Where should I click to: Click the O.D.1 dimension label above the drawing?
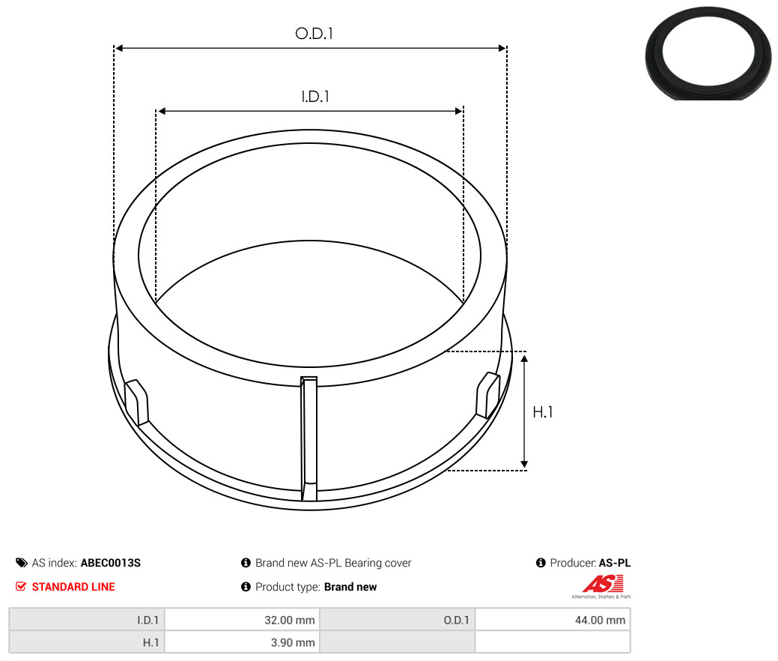[314, 34]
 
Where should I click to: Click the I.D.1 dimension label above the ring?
[315, 97]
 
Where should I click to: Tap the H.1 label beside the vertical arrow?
[542, 412]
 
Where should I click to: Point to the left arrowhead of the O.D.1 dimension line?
[118, 48]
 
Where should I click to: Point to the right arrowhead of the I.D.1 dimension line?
[459, 111]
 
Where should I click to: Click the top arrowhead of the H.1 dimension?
[524, 357]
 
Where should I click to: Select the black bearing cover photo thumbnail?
[708, 53]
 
